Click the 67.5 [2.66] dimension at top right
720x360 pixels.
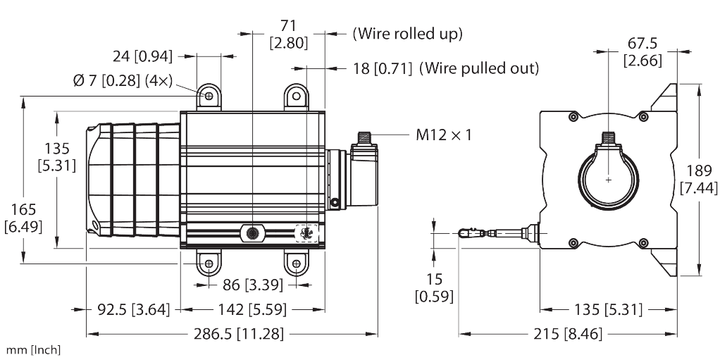[641, 52]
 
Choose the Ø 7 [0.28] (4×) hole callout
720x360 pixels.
[123, 80]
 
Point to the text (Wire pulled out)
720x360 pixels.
[445, 68]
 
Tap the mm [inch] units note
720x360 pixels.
[33, 350]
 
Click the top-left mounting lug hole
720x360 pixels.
[209, 95]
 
